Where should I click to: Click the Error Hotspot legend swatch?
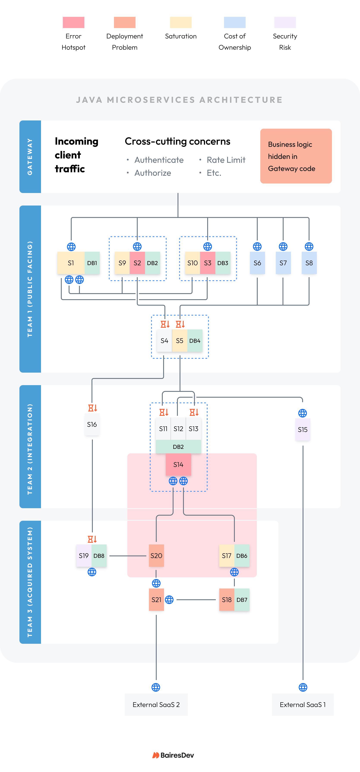(73, 22)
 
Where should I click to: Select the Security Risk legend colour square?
(285, 22)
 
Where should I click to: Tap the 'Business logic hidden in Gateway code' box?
(296, 156)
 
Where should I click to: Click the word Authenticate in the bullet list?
(159, 160)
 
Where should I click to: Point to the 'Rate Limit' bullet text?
(226, 160)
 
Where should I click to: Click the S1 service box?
(71, 263)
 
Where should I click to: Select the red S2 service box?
(137, 263)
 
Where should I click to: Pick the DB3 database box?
(223, 263)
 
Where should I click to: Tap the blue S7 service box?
(283, 263)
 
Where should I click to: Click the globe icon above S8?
(309, 247)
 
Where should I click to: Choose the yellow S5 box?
(179, 341)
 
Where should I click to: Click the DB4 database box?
(195, 341)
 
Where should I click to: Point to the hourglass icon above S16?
(92, 408)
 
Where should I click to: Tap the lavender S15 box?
(303, 429)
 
